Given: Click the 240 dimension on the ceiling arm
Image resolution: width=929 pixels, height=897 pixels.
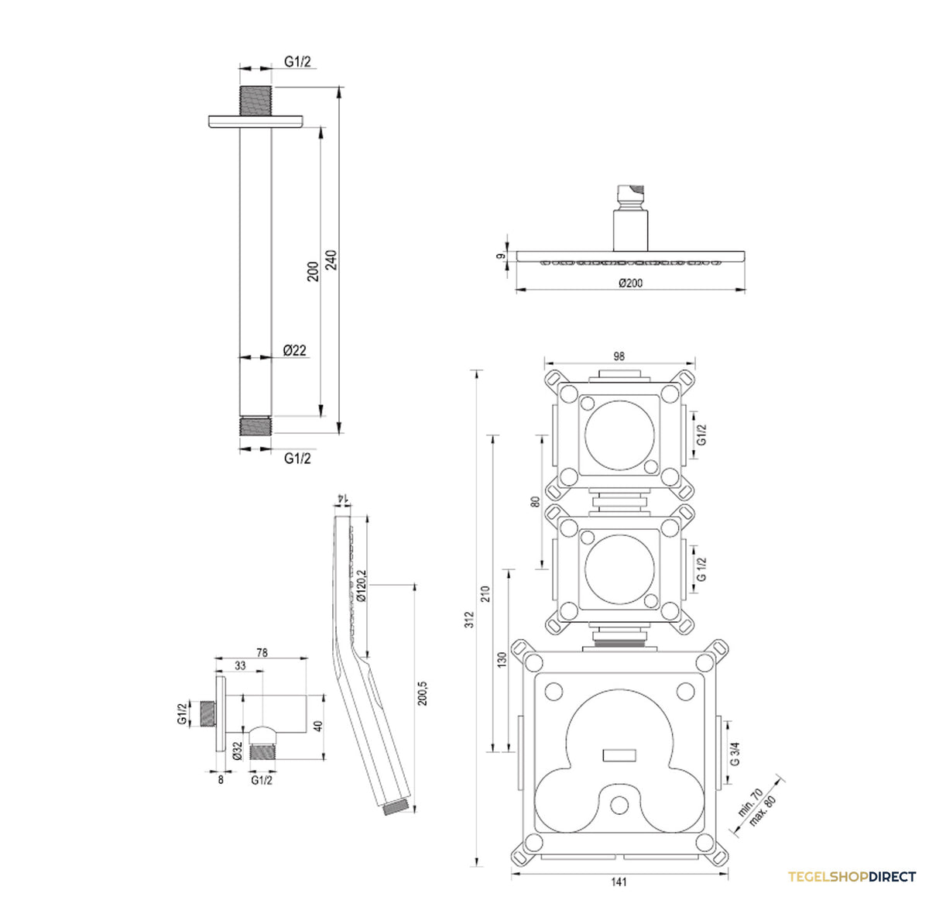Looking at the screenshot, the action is coord(331,259).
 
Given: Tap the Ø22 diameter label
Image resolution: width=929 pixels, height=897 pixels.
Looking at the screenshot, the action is coord(294,350).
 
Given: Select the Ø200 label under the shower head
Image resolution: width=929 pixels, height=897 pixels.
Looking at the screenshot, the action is coord(630,283).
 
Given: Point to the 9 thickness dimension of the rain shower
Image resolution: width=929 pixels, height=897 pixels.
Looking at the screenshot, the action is coord(500,256).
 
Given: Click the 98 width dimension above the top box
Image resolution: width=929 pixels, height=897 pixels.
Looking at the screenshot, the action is coord(619,356).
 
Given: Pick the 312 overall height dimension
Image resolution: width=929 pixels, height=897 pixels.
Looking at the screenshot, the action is coord(470,620).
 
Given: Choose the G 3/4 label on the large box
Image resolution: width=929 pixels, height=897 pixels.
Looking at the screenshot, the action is coord(735,753).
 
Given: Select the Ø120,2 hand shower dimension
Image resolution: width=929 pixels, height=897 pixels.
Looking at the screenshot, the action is coord(361,585).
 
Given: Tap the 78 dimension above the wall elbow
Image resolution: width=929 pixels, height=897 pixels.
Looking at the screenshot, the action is coord(262,652).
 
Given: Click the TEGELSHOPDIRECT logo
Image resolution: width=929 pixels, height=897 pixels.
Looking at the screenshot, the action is coord(852,877).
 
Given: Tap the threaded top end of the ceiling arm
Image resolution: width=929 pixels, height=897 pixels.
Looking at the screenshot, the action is coord(255,101).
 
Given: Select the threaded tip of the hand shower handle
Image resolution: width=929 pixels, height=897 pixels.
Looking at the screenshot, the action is coord(396,807).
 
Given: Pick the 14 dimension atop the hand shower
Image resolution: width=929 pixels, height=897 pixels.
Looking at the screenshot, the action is coord(342,498).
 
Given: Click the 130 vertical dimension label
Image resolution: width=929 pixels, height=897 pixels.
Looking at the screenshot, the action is coord(502,660).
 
